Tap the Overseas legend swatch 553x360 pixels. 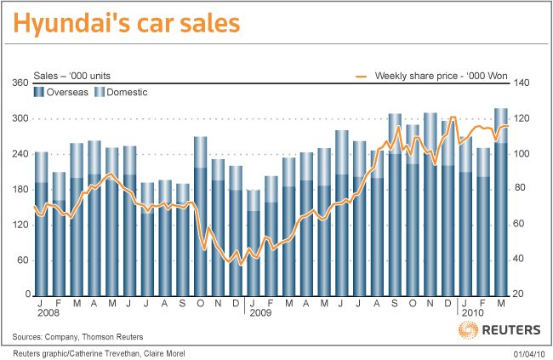point(39,92)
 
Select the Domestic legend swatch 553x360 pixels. point(99,92)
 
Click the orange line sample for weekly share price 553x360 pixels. point(361,77)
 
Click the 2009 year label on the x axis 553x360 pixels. point(259,314)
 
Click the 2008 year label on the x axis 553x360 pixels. point(48,314)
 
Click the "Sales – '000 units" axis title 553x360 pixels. point(69,77)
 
